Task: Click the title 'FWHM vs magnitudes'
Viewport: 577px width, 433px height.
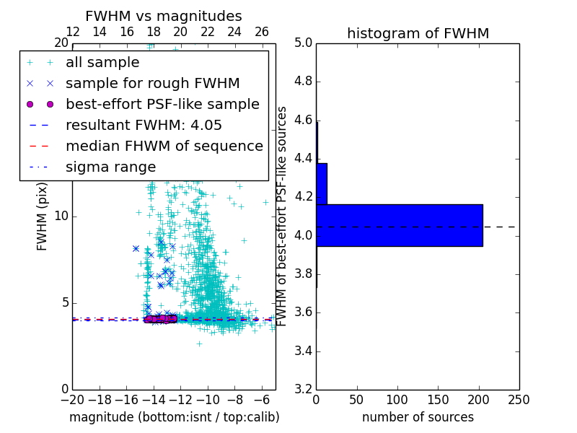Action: pos(164,17)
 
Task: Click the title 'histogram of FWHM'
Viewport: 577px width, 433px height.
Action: pos(418,33)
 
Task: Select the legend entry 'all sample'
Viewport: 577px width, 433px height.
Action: pos(102,63)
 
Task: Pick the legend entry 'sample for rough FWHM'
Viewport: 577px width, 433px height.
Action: pos(152,84)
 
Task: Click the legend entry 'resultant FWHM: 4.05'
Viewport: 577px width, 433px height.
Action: pos(144,126)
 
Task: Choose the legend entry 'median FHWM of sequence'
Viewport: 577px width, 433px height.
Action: pos(164,146)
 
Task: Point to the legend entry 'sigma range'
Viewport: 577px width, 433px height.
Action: pos(110,167)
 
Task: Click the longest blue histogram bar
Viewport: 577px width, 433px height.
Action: pos(399,225)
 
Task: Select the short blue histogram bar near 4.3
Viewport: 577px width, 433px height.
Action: pos(322,184)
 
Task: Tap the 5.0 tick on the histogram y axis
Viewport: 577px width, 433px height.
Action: pos(303,43)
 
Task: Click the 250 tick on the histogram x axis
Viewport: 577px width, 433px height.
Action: pos(519,400)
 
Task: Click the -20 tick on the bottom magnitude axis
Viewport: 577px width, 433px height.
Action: pos(72,400)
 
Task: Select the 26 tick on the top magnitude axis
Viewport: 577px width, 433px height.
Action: pos(262,32)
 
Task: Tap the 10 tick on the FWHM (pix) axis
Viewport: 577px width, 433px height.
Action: pos(61,216)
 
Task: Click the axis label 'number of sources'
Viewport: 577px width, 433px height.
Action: pos(418,417)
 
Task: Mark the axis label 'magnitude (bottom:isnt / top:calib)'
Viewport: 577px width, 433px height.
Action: pos(174,417)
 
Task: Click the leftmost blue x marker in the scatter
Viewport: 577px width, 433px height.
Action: pos(136,248)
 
